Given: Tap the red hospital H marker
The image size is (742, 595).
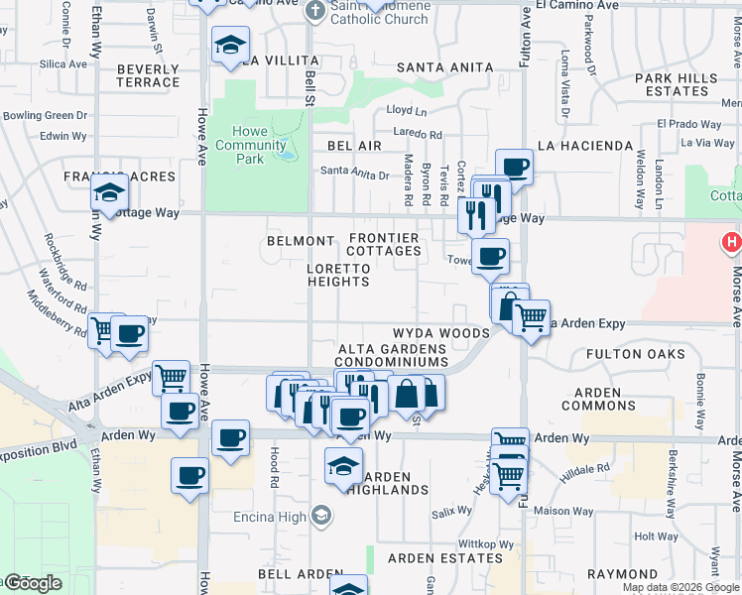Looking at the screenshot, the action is pyautogui.click(x=732, y=241).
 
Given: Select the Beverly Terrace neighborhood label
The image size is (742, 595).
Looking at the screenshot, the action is pyautogui.click(x=148, y=75).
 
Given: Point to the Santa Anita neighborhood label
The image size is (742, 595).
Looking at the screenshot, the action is pyautogui.click(x=444, y=66).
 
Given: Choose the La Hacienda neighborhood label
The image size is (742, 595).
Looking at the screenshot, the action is pyautogui.click(x=584, y=146).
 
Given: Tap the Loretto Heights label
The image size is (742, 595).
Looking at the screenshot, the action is pyautogui.click(x=338, y=275).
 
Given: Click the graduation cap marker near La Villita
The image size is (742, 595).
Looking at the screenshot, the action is pyautogui.click(x=230, y=45).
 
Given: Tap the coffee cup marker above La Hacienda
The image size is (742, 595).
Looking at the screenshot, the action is pyautogui.click(x=514, y=166).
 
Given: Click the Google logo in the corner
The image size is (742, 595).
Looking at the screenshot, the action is pyautogui.click(x=33, y=583).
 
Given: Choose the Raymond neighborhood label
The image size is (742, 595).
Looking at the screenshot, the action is pyautogui.click(x=622, y=574).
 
